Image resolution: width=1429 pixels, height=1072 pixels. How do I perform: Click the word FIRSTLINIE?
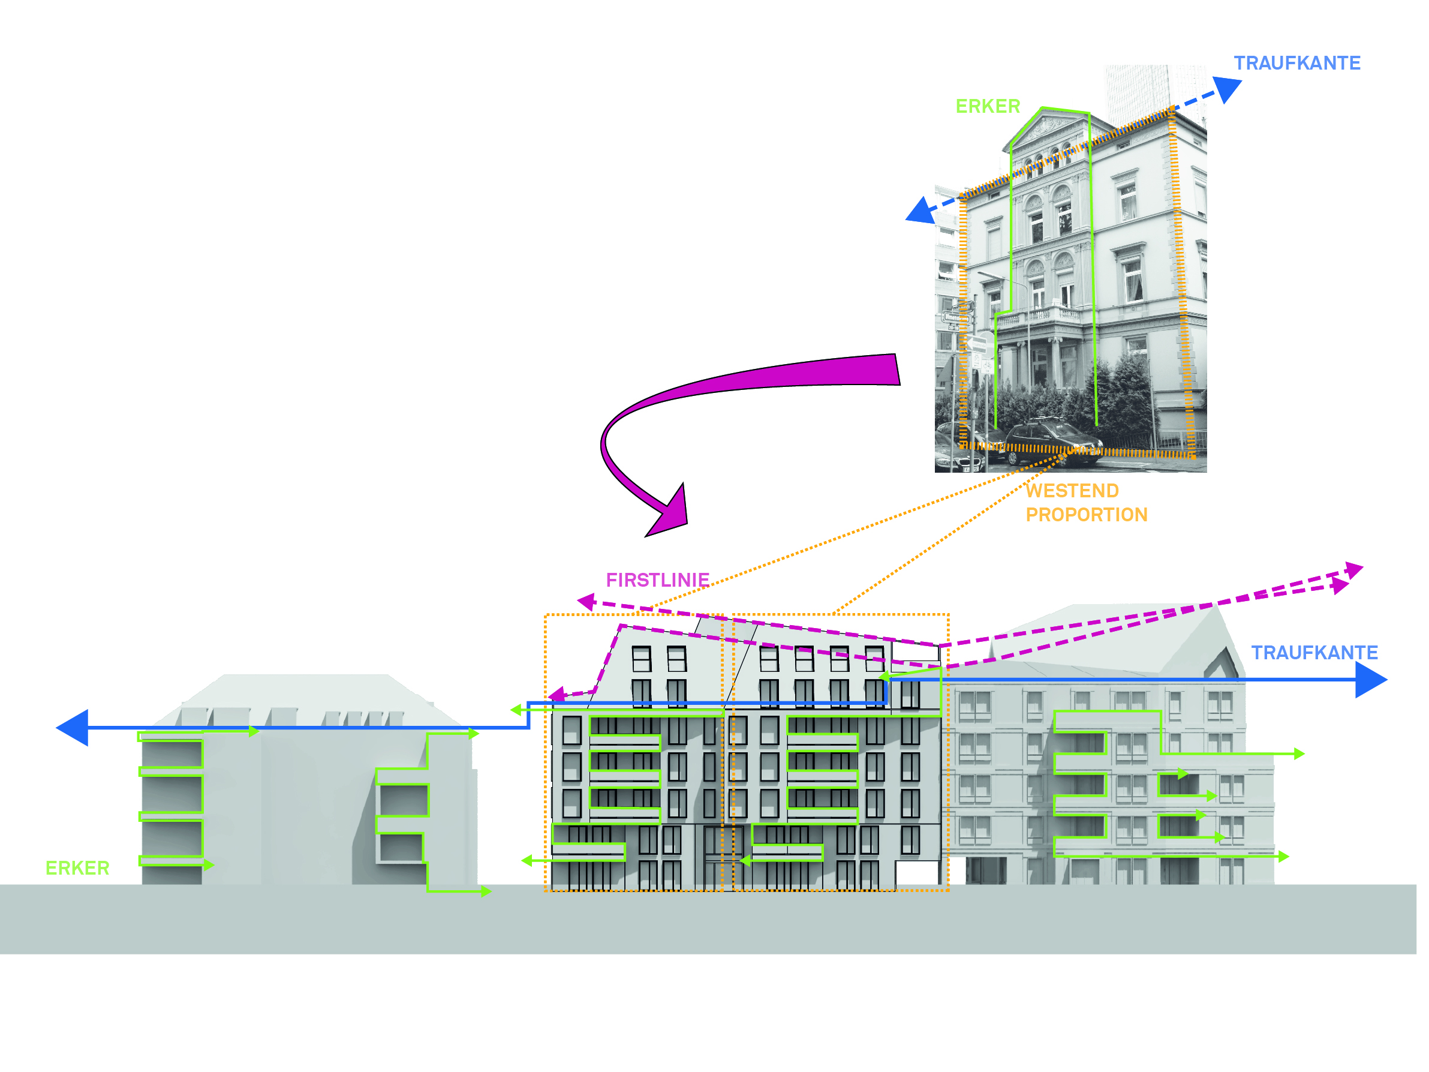(x=658, y=580)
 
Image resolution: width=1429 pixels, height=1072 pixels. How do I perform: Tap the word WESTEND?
(x=1072, y=491)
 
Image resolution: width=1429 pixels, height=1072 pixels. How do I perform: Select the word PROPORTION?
(x=1087, y=515)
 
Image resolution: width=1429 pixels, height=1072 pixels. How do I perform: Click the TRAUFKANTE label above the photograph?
(x=1297, y=64)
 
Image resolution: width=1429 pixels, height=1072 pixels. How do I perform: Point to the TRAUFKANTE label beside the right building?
(x=1314, y=653)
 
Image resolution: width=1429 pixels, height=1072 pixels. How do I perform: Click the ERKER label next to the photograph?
(x=988, y=107)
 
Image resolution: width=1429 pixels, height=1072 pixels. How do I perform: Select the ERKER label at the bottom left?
(x=77, y=868)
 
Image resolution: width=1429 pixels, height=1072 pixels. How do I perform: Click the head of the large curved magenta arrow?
(x=669, y=514)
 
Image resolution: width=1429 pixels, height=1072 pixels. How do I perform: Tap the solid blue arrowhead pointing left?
(x=73, y=728)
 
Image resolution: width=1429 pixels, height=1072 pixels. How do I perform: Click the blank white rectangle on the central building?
(x=917, y=875)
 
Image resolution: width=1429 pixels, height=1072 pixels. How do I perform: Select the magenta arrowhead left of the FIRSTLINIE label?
(x=586, y=602)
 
